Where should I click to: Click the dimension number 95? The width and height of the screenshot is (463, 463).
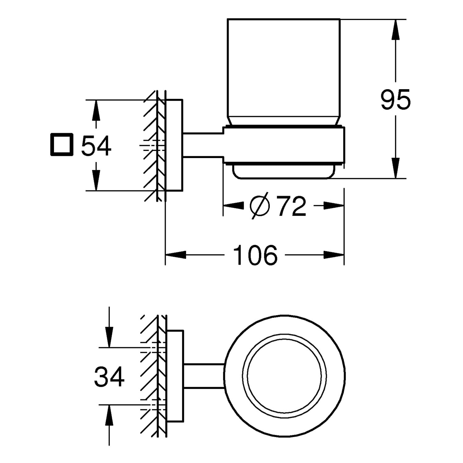point(395,99)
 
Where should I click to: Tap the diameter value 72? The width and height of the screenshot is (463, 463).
point(291,206)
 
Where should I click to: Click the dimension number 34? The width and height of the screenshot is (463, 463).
point(109,377)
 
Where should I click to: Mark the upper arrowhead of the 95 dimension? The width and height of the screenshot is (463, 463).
point(395,29)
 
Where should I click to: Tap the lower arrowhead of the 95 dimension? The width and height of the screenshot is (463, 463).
point(395,168)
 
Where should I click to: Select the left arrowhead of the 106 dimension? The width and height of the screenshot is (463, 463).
point(176,255)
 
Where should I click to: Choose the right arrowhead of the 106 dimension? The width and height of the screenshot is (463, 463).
point(334,255)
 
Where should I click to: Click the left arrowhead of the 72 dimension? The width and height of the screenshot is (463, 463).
point(233,206)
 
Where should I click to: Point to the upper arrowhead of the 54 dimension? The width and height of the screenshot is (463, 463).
point(96,110)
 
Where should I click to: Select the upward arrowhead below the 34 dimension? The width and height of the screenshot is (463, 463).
point(109,415)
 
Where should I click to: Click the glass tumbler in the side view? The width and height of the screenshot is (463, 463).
point(283,71)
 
